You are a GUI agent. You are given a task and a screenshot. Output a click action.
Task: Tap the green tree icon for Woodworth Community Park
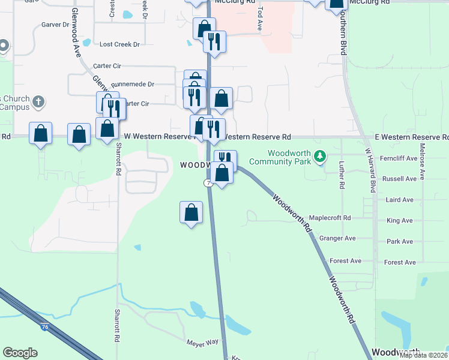click(321, 157)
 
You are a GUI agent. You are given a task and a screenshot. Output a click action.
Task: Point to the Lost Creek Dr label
click(119, 44)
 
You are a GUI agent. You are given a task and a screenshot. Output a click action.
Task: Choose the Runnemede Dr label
click(133, 85)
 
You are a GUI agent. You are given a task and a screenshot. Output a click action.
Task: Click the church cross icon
click(38, 101)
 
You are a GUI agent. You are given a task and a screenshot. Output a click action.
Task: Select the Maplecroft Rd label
click(330, 218)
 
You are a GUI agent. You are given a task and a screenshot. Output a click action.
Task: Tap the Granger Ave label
click(337, 238)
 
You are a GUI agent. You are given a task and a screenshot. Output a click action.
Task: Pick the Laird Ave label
click(400, 200)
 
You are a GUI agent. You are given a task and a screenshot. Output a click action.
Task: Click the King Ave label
click(400, 221)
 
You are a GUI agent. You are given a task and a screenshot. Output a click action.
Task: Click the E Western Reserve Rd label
click(411, 137)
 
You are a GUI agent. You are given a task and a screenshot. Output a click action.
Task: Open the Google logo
click(20, 353)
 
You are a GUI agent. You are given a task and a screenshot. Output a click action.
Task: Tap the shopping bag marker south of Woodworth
click(191, 212)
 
